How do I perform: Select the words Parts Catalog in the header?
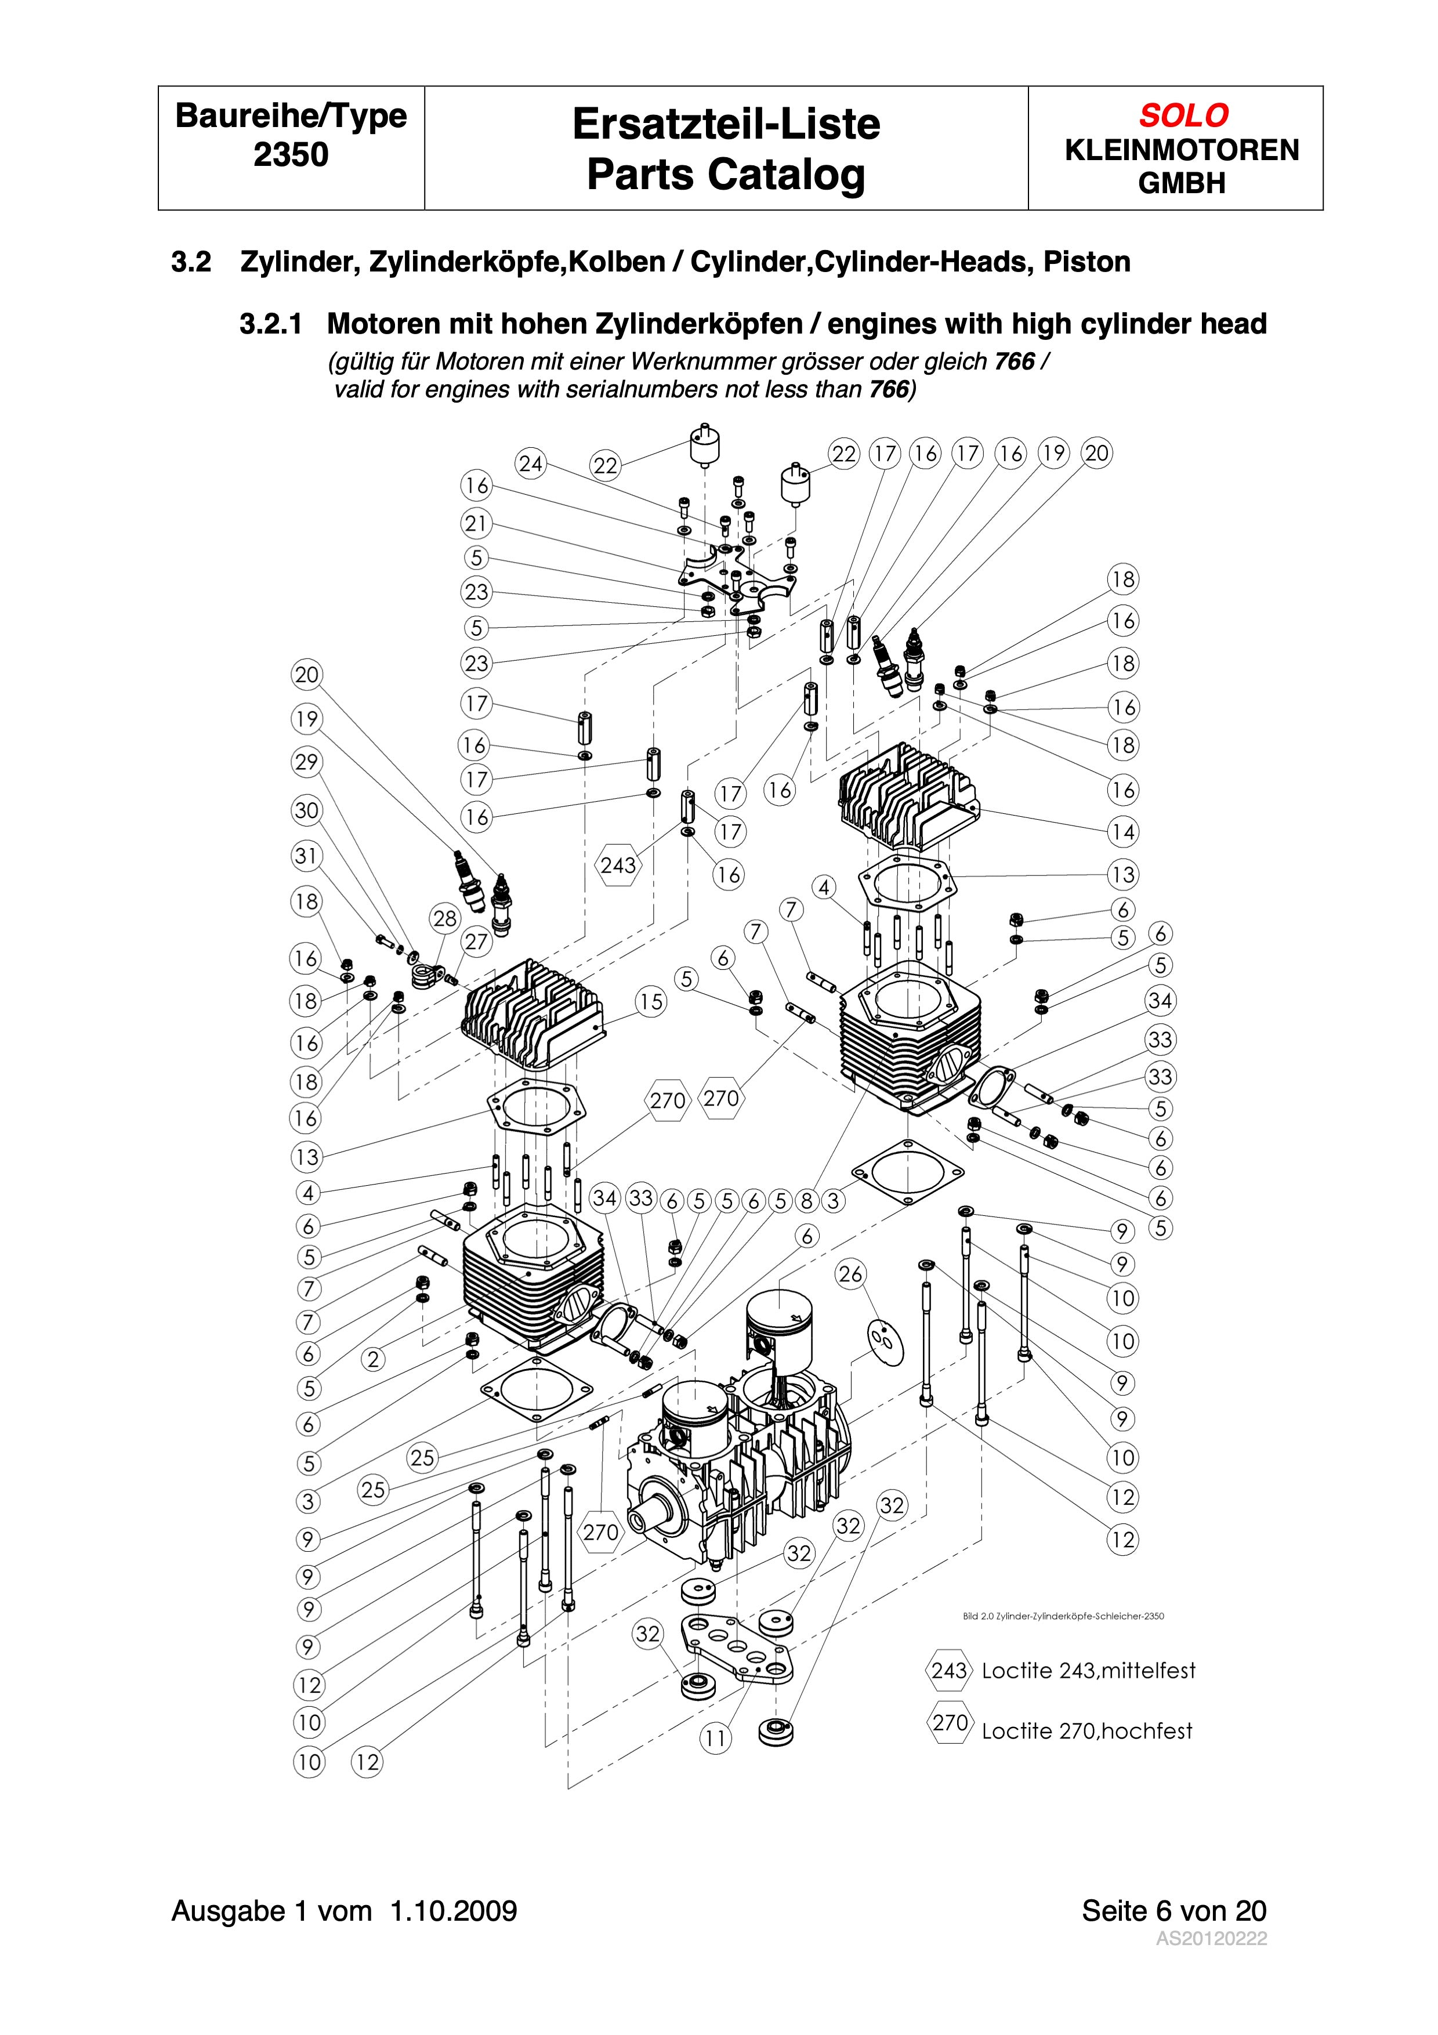(x=726, y=175)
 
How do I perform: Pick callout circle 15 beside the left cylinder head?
(x=651, y=1001)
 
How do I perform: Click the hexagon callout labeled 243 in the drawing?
(x=618, y=864)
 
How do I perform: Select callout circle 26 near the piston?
(x=850, y=1274)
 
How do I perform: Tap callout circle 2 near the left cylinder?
(x=373, y=1359)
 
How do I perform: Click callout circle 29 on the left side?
(x=306, y=762)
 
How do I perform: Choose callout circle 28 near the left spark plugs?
(x=445, y=918)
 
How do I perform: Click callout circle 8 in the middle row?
(x=806, y=1201)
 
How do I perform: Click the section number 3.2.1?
(x=270, y=324)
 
